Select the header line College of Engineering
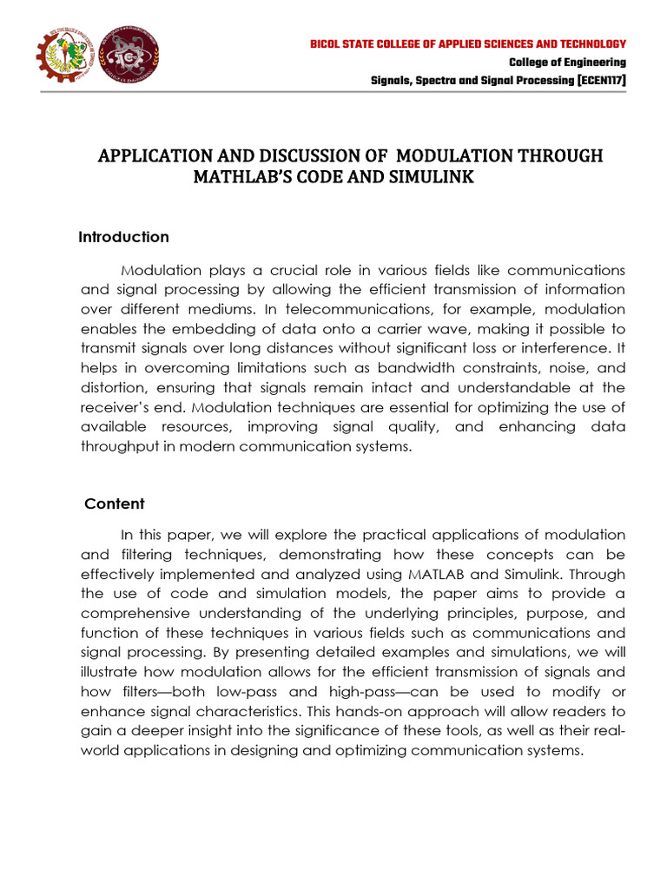(567, 63)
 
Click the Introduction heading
(123, 237)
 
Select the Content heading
(114, 504)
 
